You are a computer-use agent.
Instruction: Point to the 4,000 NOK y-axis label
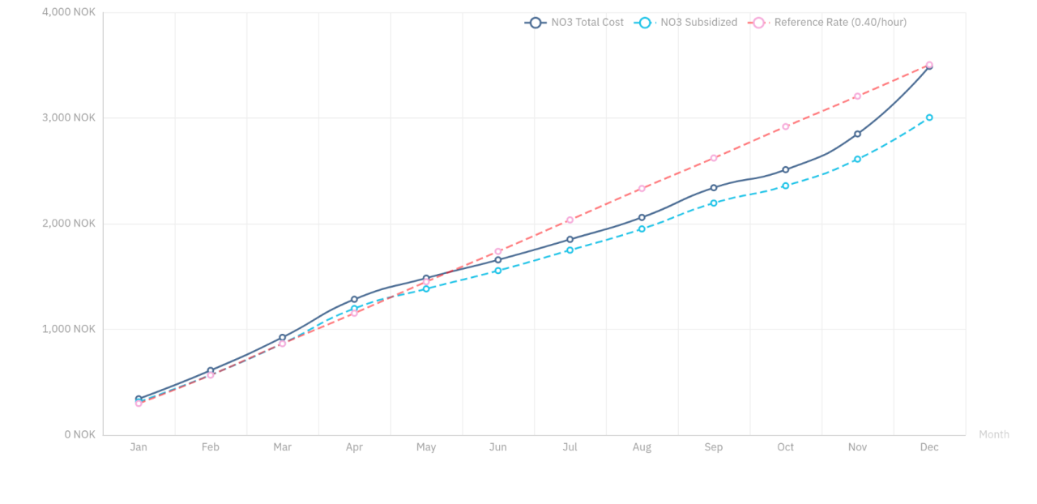click(x=68, y=12)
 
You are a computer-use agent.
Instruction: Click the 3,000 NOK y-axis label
click(x=68, y=117)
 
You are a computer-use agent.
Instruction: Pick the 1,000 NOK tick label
click(x=68, y=329)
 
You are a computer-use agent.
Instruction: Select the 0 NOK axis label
click(x=79, y=434)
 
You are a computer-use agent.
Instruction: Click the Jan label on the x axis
click(x=139, y=447)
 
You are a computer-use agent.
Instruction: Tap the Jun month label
click(x=498, y=447)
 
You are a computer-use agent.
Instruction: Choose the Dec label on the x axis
click(x=929, y=447)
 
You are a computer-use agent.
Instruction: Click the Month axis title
click(x=994, y=434)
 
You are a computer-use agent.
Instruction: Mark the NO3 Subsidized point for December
click(x=929, y=117)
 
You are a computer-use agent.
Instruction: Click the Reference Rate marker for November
click(x=857, y=96)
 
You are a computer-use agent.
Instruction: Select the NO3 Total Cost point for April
click(x=354, y=299)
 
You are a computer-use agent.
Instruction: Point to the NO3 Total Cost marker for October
click(x=786, y=169)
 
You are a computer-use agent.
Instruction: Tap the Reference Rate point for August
click(x=642, y=189)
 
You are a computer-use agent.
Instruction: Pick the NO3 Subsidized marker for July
click(x=570, y=250)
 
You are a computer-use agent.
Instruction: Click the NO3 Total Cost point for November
click(x=857, y=134)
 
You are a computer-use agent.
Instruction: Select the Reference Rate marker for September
click(x=714, y=158)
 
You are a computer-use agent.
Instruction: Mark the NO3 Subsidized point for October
click(x=786, y=186)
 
